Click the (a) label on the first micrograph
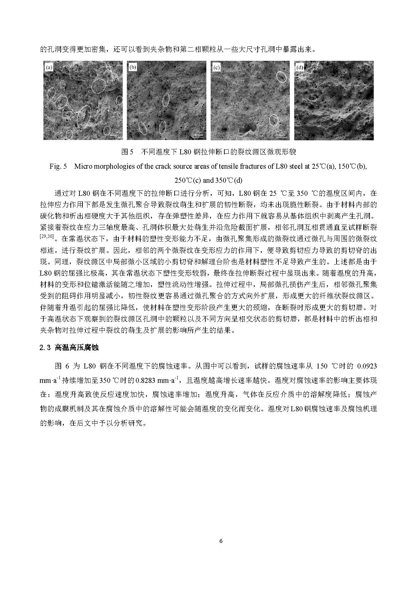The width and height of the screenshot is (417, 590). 49,68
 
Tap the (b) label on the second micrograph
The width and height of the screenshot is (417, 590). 133,68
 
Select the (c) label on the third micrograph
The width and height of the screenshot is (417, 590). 216,68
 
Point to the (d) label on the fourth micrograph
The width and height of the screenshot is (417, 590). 300,68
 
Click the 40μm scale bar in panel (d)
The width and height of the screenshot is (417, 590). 366,135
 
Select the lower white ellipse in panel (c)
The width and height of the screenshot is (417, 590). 274,120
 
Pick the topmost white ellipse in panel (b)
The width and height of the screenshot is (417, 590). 166,100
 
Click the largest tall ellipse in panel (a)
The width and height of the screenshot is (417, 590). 84,117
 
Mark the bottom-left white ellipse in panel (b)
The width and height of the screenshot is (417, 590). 143,128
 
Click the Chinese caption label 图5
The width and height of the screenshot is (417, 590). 127,152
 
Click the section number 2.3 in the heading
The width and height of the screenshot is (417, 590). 45,347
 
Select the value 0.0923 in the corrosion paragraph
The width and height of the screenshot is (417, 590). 367,366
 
